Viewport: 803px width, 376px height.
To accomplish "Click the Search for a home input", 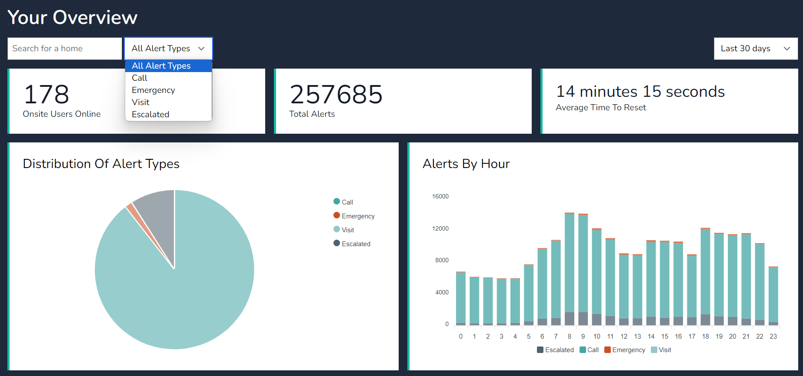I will pos(65,49).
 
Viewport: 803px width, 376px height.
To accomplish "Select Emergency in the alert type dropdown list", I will pos(153,90).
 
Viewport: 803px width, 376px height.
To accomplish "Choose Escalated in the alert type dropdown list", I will pos(150,115).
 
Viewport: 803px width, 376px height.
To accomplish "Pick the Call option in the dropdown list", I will pos(140,78).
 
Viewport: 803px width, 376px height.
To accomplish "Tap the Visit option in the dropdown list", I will pos(140,102).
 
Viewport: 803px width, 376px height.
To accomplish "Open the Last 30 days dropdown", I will pos(756,49).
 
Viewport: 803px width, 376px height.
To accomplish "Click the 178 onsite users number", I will pos(47,95).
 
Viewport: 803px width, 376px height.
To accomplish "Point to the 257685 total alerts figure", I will pos(336,95).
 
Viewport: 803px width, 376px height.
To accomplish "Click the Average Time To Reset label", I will pos(601,108).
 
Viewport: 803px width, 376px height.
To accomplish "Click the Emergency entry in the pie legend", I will pos(357,216).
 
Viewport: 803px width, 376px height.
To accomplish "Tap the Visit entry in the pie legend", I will pos(347,230).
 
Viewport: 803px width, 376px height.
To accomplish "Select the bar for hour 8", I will pos(570,269).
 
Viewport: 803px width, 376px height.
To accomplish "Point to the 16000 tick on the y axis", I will pos(440,197).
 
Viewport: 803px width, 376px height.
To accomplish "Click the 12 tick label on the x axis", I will pos(624,336).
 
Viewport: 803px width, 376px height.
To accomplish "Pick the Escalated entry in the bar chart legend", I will pos(559,350).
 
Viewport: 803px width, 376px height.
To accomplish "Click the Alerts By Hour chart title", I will pos(466,164).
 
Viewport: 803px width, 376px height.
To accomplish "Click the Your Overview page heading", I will pos(73,17).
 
